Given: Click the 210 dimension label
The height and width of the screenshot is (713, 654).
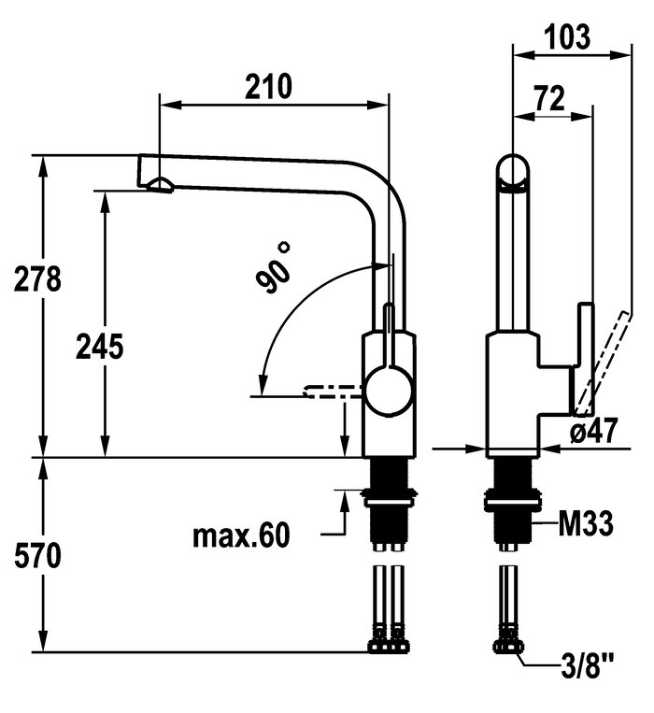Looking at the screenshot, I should click(269, 86).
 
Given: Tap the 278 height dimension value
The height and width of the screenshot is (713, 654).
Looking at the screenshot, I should click(38, 278).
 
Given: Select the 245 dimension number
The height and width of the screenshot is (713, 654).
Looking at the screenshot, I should click(101, 347).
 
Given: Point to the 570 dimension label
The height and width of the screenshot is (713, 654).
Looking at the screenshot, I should click(38, 556).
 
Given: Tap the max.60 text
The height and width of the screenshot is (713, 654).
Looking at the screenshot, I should click(241, 535).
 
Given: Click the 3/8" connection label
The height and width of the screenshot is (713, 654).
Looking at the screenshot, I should click(588, 670).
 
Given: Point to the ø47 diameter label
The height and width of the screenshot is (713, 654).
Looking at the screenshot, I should click(593, 431).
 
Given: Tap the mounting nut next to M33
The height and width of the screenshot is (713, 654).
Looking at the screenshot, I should click(511, 506).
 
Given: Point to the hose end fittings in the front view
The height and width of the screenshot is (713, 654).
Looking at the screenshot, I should click(389, 646).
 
